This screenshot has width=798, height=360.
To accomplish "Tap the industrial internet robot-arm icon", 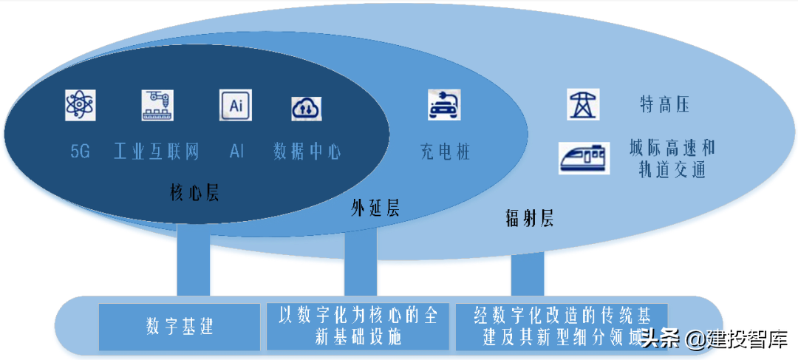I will point(157,105).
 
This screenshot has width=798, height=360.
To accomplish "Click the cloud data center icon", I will point(306,108).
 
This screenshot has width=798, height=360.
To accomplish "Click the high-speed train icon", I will point(584,157).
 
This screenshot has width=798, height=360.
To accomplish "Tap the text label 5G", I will point(80,153).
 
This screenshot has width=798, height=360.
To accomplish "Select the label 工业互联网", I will point(157,153).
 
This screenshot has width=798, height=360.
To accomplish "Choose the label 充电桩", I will point(445,153).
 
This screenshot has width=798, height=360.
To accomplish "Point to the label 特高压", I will point(664,105).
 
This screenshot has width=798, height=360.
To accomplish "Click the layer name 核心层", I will point(194,194).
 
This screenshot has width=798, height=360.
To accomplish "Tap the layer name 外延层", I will point(375,208).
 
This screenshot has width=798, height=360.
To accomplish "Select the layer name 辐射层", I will point(529,218).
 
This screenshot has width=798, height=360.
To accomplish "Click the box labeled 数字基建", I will point(180,327).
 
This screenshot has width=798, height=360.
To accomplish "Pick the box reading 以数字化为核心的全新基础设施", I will point(358,326).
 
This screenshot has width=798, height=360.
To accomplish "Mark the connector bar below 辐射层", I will point(528,274).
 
